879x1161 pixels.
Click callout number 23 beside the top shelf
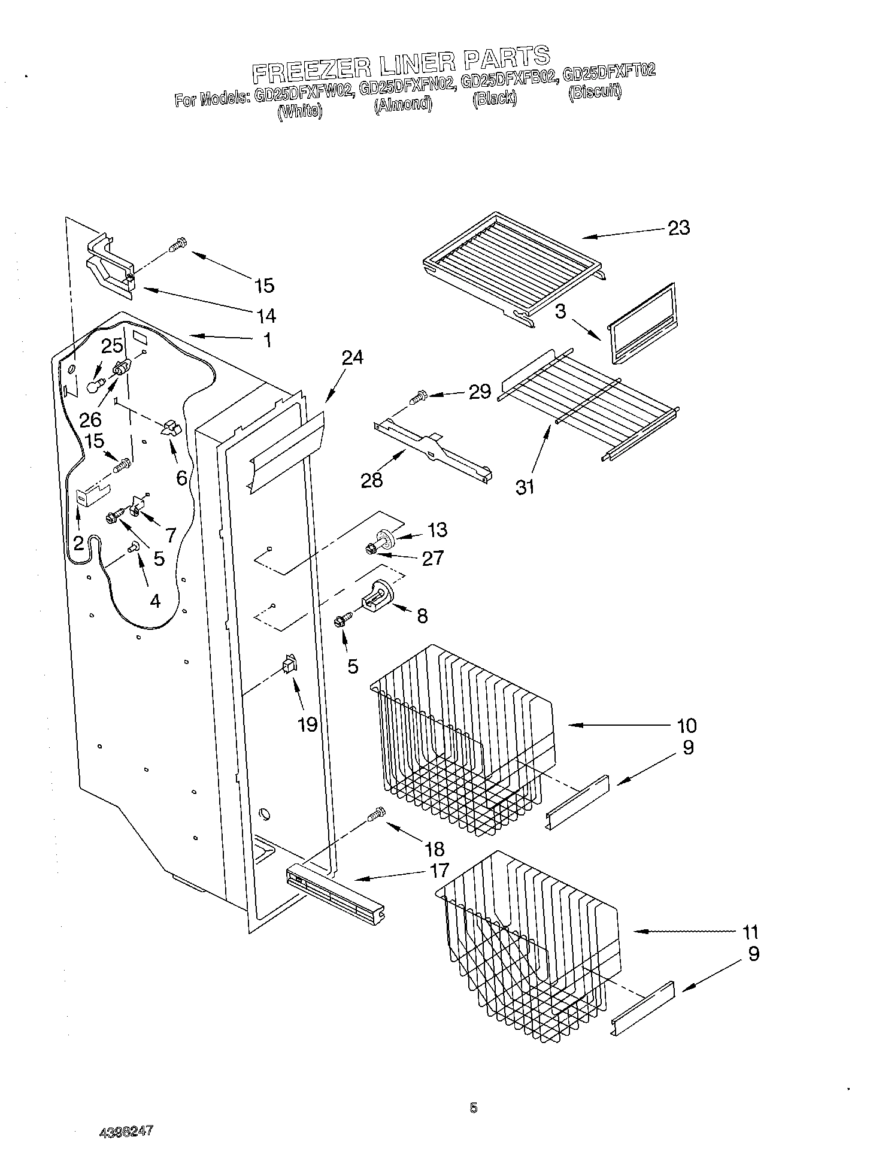coord(678,228)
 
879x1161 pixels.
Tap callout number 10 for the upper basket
coord(687,725)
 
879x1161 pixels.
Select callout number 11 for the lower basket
coord(750,932)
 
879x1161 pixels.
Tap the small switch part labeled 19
coord(290,664)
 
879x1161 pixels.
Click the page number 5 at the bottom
coord(474,1108)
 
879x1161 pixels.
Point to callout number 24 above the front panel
coord(352,357)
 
